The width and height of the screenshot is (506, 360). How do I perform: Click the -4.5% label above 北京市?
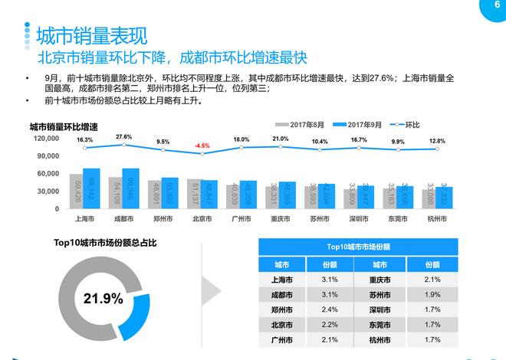coord(202,146)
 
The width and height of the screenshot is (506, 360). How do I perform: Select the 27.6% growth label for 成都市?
coord(123,137)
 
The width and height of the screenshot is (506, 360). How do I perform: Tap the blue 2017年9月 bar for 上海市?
coord(91,188)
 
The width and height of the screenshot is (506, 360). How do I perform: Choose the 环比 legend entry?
coord(407,124)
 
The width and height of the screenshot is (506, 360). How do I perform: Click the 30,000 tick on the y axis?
coord(48,191)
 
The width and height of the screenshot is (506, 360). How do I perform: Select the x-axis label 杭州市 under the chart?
coord(439,218)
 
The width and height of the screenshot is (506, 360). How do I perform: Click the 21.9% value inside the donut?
coord(98,297)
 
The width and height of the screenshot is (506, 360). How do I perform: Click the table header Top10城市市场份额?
coord(358,247)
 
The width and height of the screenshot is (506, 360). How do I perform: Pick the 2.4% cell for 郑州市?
coord(330,310)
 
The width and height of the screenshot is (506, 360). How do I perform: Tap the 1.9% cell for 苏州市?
coord(432,295)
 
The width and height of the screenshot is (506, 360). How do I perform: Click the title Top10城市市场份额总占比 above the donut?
coord(105,243)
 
